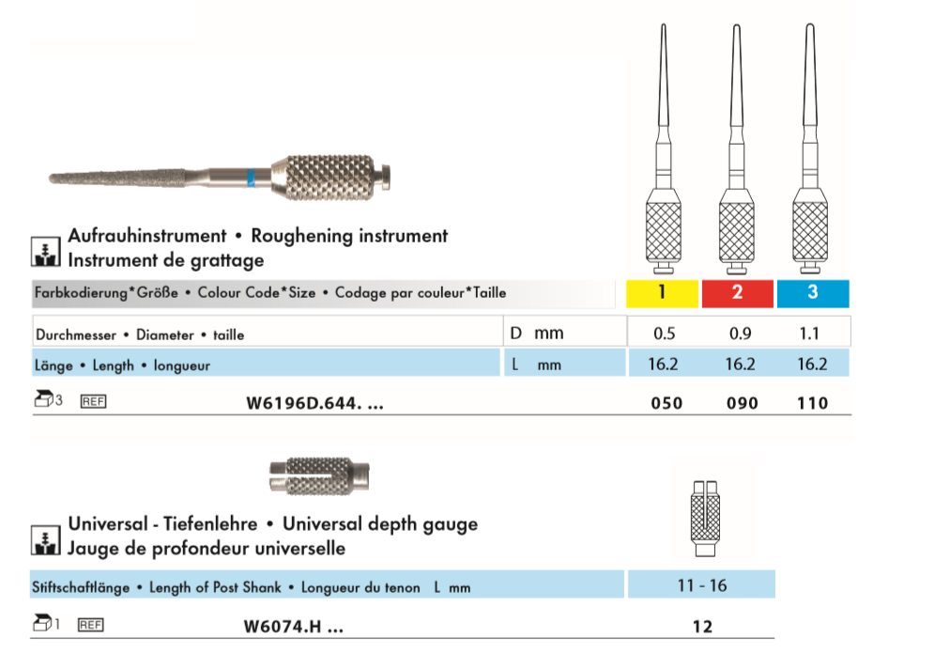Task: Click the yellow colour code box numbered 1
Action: pyautogui.click(x=662, y=293)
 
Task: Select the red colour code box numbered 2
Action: pyautogui.click(x=737, y=293)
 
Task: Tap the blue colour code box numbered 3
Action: pyautogui.click(x=812, y=293)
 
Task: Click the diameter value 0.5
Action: pyautogui.click(x=664, y=334)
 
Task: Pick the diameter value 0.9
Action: pyautogui.click(x=741, y=334)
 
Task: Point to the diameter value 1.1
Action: pyautogui.click(x=809, y=334)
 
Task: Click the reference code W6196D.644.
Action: pyautogui.click(x=315, y=403)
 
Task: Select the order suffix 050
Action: pyautogui.click(x=667, y=403)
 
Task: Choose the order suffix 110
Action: pyautogui.click(x=812, y=403)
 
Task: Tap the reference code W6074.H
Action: pyautogui.click(x=293, y=627)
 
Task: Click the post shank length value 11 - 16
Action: pyautogui.click(x=701, y=585)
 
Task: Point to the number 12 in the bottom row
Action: pyautogui.click(x=702, y=627)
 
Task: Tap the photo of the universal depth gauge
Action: pyautogui.click(x=319, y=476)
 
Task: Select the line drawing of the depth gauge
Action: pyautogui.click(x=705, y=519)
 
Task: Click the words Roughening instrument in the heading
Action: pyautogui.click(x=349, y=236)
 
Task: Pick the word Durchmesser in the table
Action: pyautogui.click(x=76, y=334)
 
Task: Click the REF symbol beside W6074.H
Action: pyautogui.click(x=91, y=625)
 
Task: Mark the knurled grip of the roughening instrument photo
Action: pyautogui.click(x=325, y=178)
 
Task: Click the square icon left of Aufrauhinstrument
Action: pyautogui.click(x=45, y=251)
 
